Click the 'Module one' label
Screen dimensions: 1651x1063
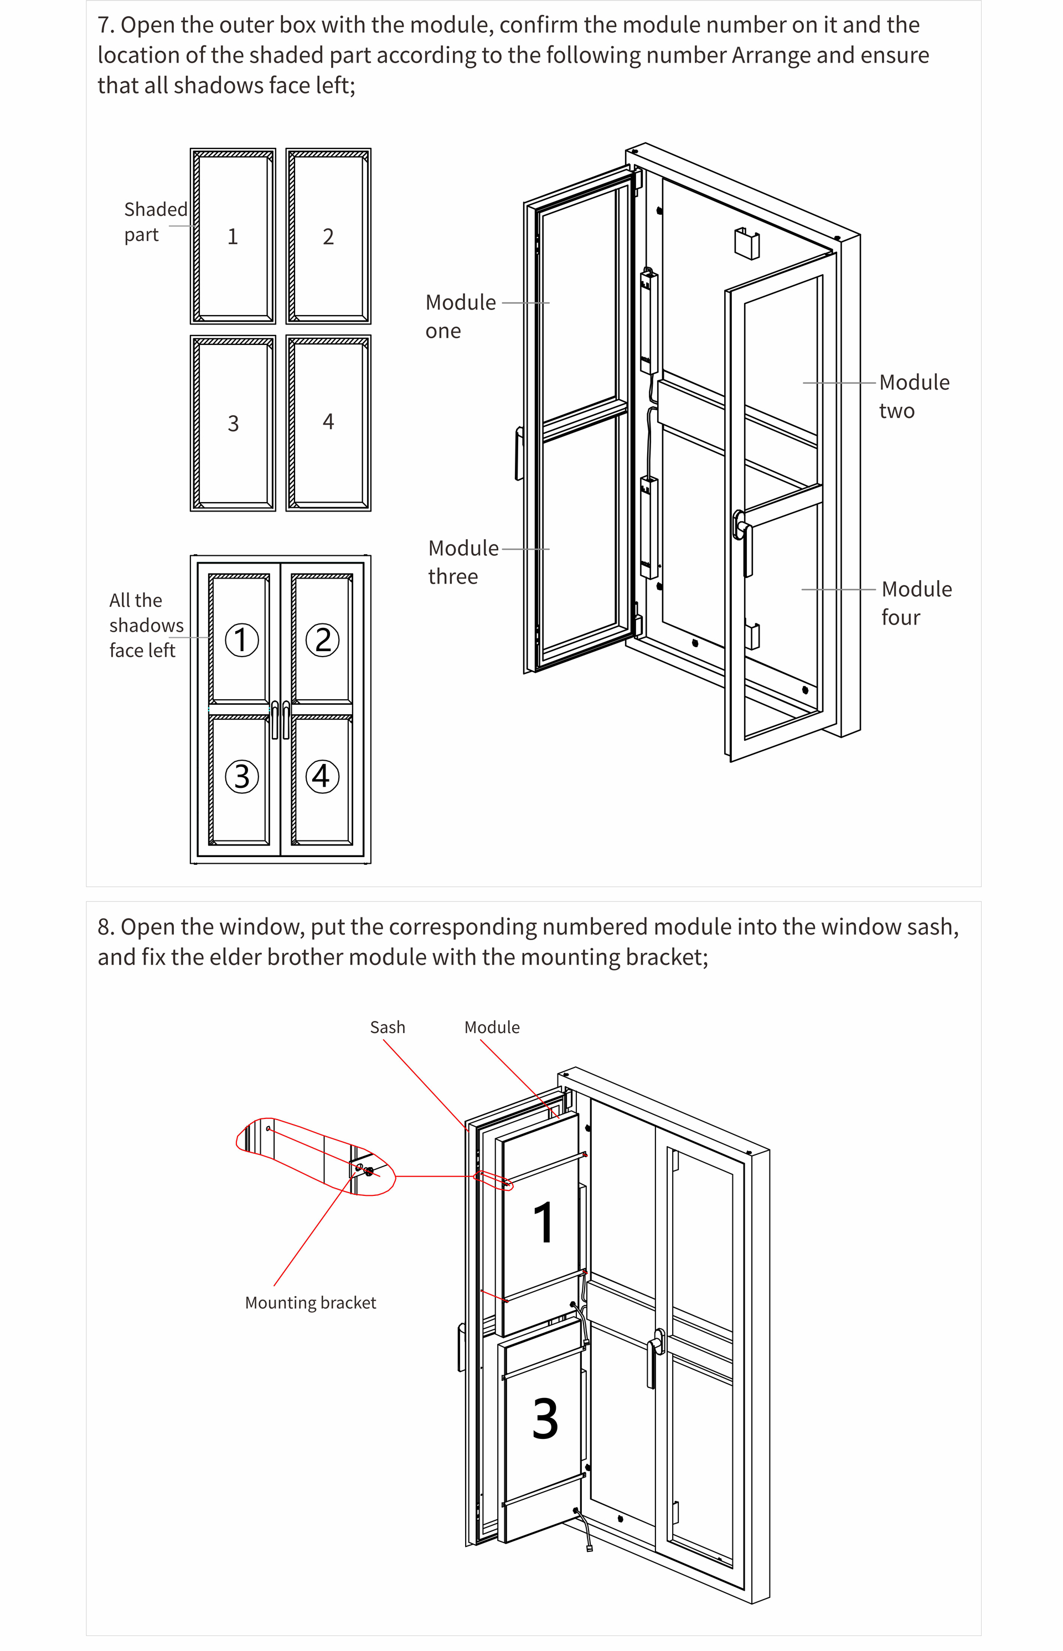(x=461, y=316)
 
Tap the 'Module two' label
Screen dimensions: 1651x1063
(x=914, y=396)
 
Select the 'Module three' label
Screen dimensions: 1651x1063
(x=463, y=562)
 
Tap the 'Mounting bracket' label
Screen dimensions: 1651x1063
(x=311, y=1302)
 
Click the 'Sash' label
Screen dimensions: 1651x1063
(x=387, y=1027)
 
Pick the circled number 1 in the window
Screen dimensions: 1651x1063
(x=241, y=640)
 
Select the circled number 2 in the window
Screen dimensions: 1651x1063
(x=322, y=640)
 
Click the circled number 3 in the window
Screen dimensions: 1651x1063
(x=241, y=776)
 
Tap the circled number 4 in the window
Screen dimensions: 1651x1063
(x=322, y=776)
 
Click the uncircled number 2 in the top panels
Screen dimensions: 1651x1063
(x=328, y=237)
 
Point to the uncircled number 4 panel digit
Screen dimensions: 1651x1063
(x=328, y=422)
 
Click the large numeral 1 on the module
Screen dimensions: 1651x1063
(x=544, y=1222)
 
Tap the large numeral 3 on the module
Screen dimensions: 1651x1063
(x=545, y=1418)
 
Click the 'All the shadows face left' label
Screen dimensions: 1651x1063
(x=146, y=625)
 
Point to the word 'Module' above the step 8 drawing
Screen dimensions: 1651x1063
(x=492, y=1027)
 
